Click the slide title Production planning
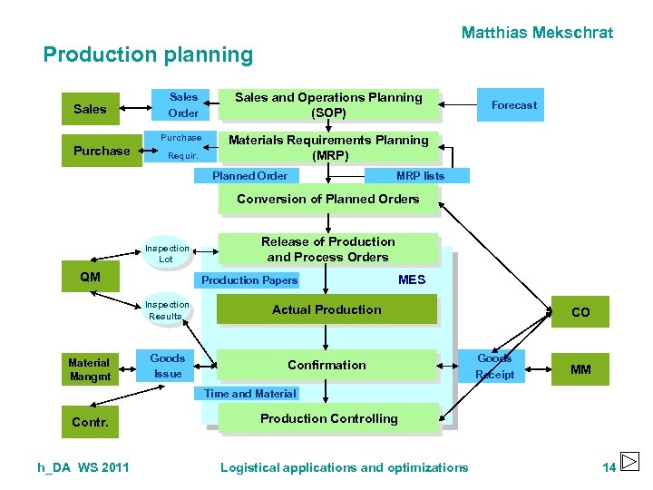click(x=148, y=54)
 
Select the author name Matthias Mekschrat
click(x=537, y=33)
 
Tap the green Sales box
click(x=90, y=109)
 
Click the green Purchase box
click(x=102, y=151)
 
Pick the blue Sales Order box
click(x=183, y=105)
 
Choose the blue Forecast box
click(x=513, y=105)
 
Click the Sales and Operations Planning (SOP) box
click(x=328, y=105)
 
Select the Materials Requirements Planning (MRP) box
click(x=328, y=147)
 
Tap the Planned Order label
click(x=249, y=176)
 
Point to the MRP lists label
click(x=420, y=176)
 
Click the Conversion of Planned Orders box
click(x=328, y=200)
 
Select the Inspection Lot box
click(x=167, y=253)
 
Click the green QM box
click(x=90, y=277)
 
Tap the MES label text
click(x=411, y=279)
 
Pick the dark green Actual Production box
click(x=326, y=309)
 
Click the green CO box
click(x=580, y=311)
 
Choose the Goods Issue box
click(x=168, y=366)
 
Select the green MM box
click(x=580, y=369)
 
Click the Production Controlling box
click(x=328, y=418)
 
